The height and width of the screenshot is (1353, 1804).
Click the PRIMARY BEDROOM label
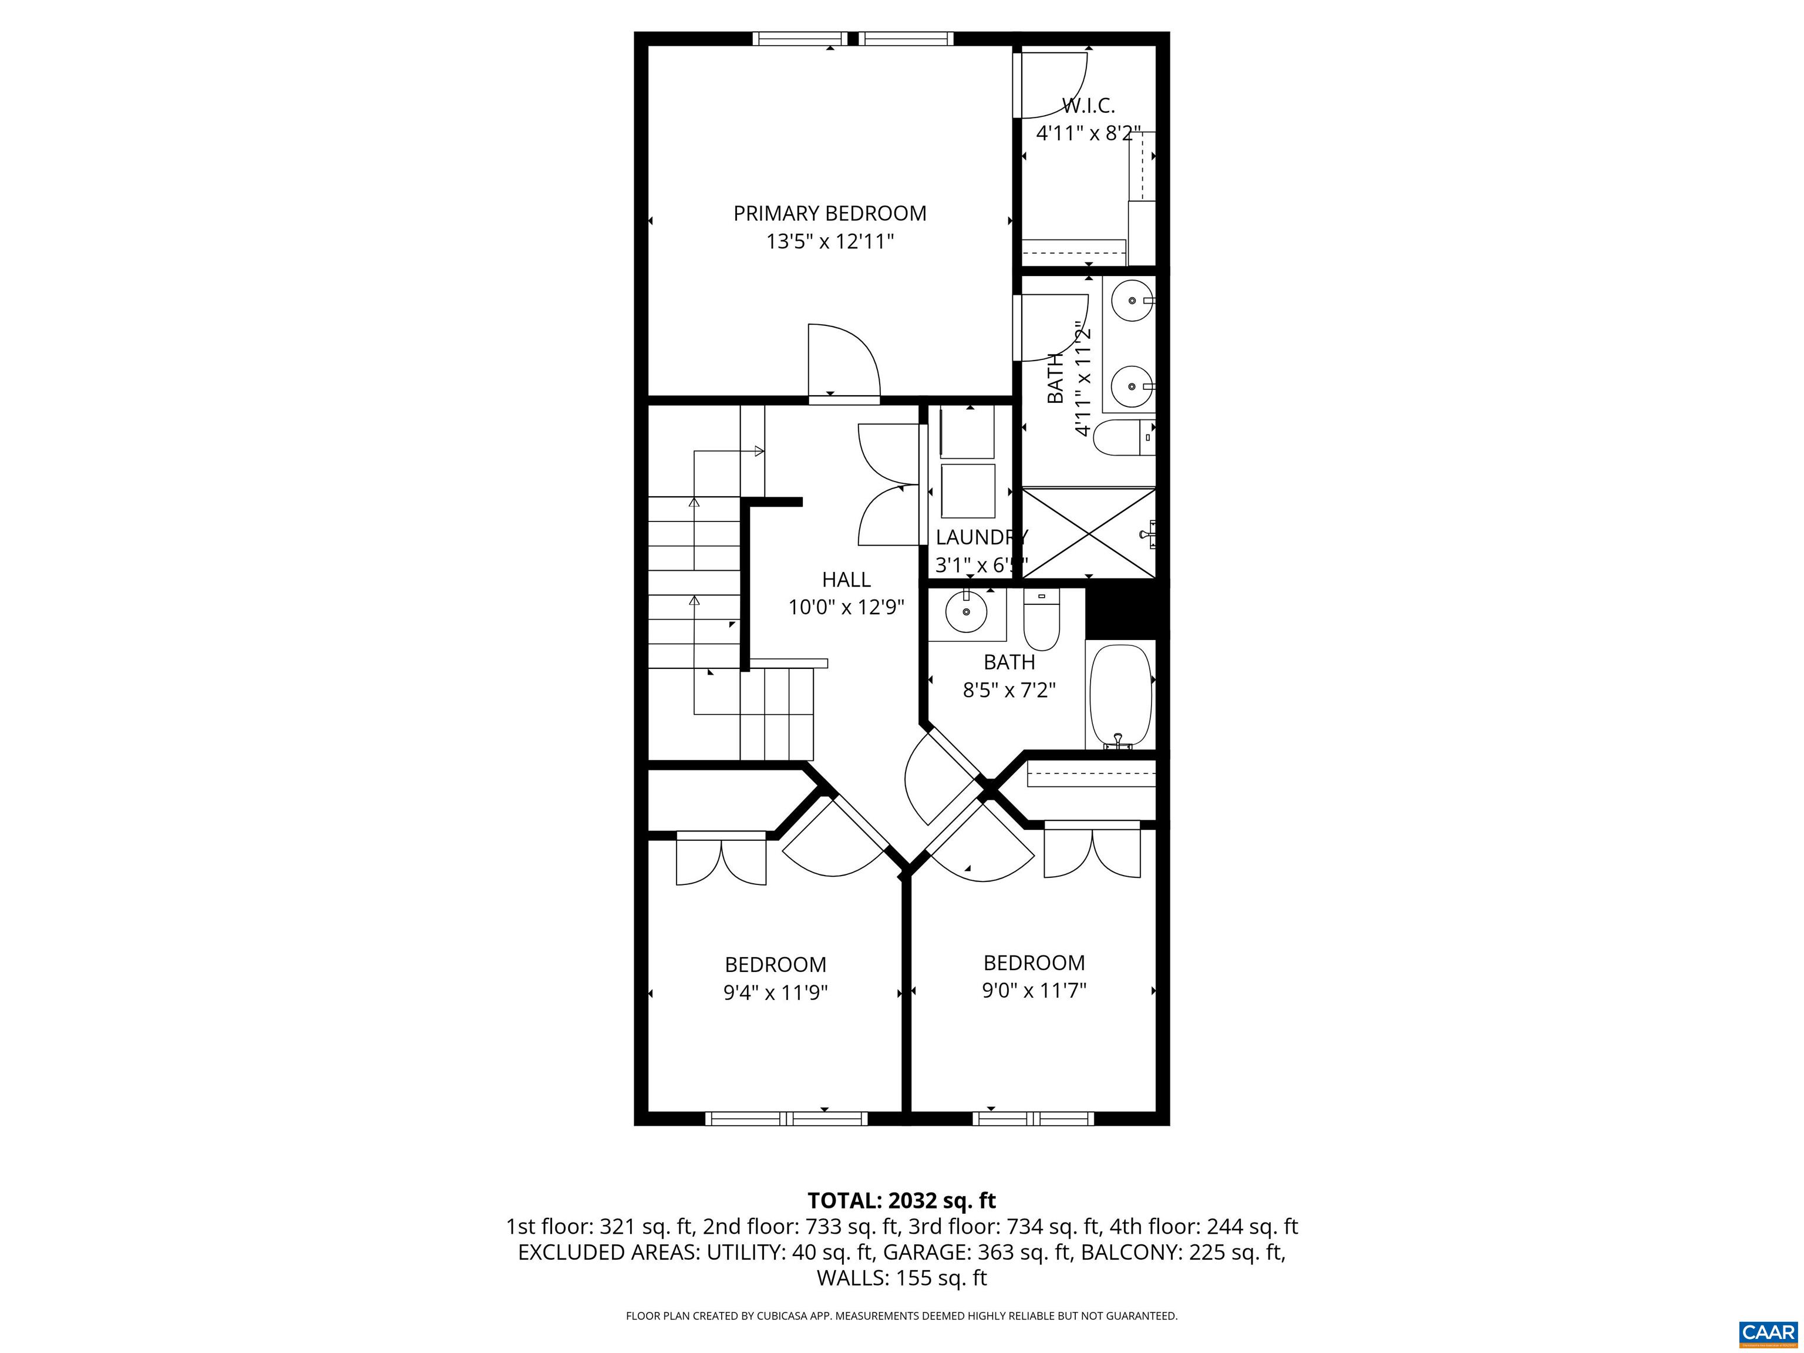(x=829, y=214)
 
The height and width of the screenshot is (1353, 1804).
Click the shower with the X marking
(x=1088, y=533)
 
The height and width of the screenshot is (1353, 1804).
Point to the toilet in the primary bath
(x=1122, y=439)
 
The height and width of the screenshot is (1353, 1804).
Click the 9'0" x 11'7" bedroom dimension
(x=1034, y=990)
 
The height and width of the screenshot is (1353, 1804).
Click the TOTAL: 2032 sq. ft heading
(x=901, y=1200)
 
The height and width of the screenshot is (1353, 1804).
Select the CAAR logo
(x=1768, y=1332)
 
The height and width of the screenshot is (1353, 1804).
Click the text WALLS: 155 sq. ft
(x=901, y=1278)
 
